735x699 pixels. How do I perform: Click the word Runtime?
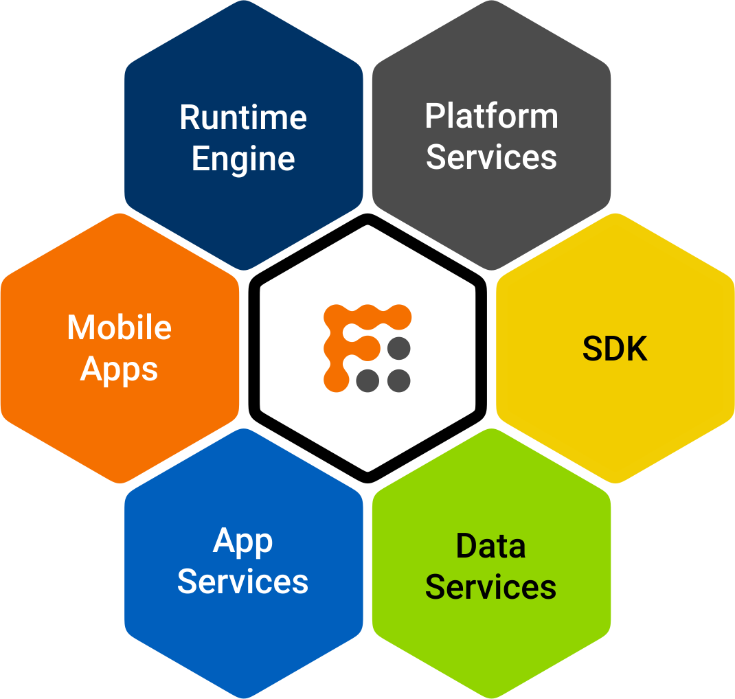pos(243,117)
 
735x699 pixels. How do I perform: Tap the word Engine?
pos(243,160)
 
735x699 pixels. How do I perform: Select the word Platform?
pos(491,116)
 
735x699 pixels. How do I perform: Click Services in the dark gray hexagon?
pos(491,157)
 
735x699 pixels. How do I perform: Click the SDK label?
pos(615,349)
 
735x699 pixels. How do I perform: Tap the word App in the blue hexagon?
pos(243,542)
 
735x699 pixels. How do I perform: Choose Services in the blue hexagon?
pos(243,582)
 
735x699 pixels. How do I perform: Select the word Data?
pos(490,547)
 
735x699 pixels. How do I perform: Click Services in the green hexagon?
pos(490,588)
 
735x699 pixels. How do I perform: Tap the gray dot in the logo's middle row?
pos(398,348)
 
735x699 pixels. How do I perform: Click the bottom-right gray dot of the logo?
pos(398,380)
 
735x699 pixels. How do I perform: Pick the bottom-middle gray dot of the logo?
pos(367,380)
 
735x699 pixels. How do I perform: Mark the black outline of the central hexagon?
pos(254,347)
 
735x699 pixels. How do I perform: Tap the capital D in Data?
pos(468,547)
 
